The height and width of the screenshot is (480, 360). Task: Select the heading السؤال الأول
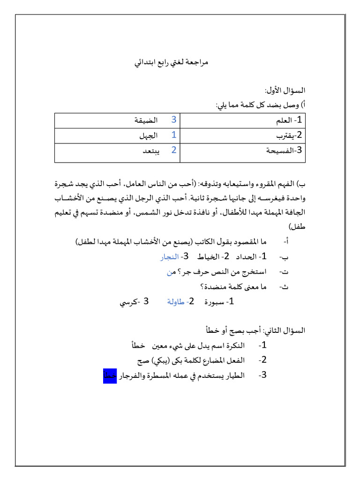285,90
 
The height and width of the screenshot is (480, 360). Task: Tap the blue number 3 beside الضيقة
173,120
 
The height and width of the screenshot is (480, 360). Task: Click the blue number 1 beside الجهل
173,135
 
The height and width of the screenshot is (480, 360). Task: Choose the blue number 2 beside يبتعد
173,150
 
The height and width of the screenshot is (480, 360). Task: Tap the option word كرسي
128,302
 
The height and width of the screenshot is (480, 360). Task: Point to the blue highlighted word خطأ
109,376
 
